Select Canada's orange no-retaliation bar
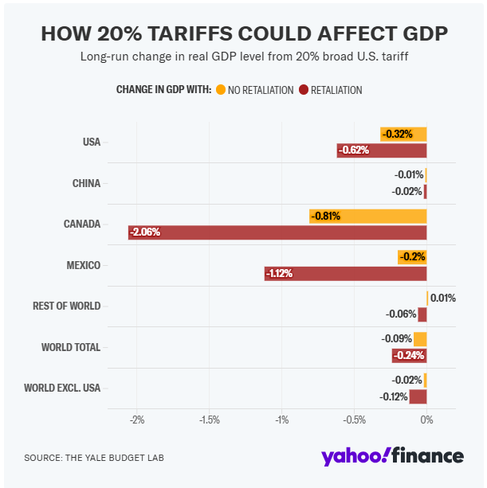point(368,216)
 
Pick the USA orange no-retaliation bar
point(403,134)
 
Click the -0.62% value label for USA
point(353,150)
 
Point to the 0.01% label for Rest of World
point(443,299)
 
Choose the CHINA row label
point(86,183)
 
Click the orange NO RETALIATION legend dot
point(220,90)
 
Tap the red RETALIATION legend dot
point(303,90)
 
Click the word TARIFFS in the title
point(192,34)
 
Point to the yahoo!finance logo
point(392,456)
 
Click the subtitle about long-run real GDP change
point(243,57)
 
